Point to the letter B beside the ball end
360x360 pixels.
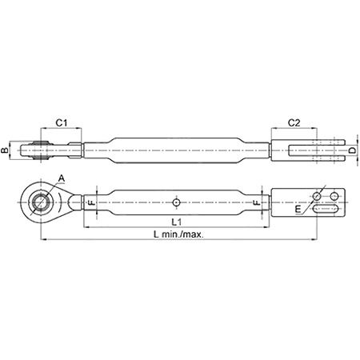click(x=6, y=150)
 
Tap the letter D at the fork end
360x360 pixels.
click(x=351, y=150)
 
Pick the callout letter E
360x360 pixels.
click(x=299, y=210)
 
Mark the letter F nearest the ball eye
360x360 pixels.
click(x=90, y=204)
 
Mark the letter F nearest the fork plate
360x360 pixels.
click(x=256, y=204)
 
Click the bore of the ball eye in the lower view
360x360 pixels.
click(x=34, y=202)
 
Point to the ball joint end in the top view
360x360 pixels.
click(x=30, y=150)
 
